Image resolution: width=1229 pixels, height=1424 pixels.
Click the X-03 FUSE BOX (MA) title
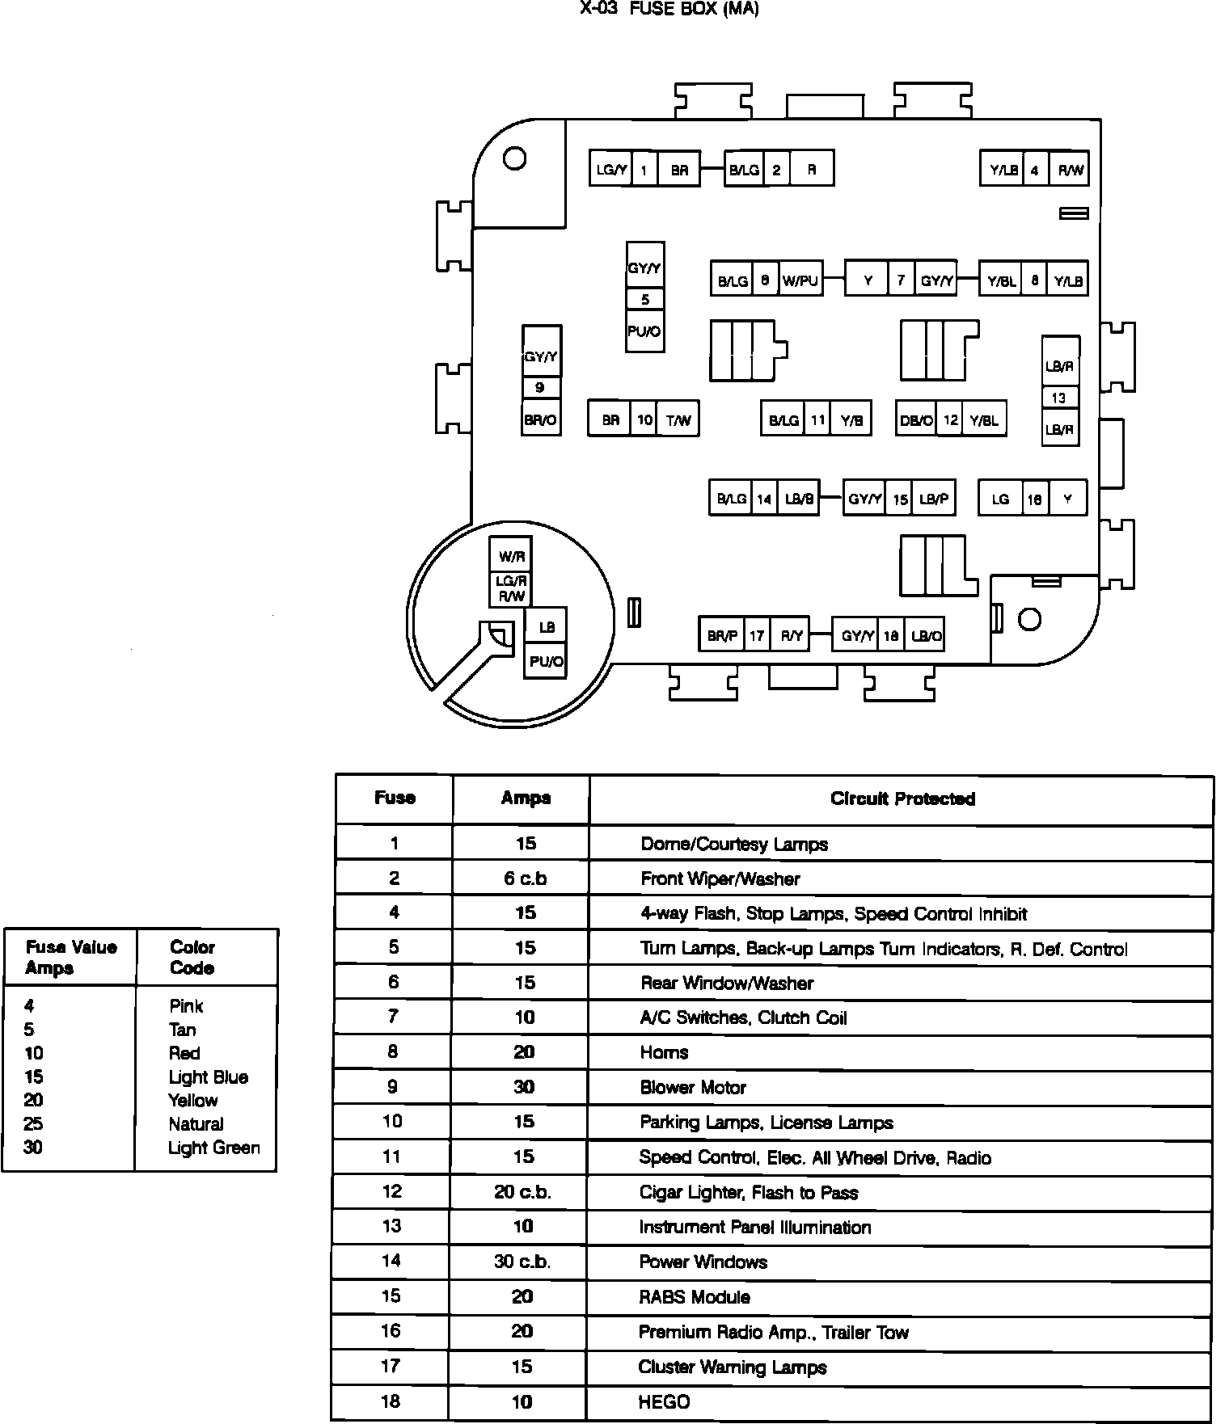[x=669, y=10]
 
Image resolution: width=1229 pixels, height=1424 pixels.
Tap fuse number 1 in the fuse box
[x=644, y=170]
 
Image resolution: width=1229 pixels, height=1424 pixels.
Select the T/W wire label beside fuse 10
[x=678, y=420]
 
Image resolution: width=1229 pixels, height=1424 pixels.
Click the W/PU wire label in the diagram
[x=800, y=281]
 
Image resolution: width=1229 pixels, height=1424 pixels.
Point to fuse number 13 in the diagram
[x=1059, y=398]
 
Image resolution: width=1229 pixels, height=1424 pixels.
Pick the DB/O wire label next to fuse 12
[x=916, y=420]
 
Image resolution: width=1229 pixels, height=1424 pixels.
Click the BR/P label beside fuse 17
[x=722, y=636]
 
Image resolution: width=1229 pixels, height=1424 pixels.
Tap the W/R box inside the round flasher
[x=512, y=557]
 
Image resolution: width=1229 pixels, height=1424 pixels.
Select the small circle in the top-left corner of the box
[x=514, y=158]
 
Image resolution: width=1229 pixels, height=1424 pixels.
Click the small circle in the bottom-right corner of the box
[x=1029, y=620]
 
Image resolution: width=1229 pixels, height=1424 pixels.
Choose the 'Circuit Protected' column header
[x=902, y=798]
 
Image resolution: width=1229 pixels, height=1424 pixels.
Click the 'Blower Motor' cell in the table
[x=693, y=1087]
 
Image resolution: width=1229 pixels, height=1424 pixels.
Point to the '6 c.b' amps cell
[x=526, y=878]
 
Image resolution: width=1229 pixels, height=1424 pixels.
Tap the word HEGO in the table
[x=664, y=1401]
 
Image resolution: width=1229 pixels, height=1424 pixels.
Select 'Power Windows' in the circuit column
[x=703, y=1262]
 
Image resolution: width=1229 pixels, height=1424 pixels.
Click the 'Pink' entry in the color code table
[x=186, y=1006]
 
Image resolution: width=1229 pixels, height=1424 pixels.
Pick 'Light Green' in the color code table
[x=214, y=1148]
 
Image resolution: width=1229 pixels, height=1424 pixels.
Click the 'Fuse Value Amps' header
[x=71, y=957]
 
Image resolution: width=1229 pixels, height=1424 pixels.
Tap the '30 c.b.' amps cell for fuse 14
[x=522, y=1262]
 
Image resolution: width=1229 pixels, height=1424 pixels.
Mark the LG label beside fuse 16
[x=1001, y=499]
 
